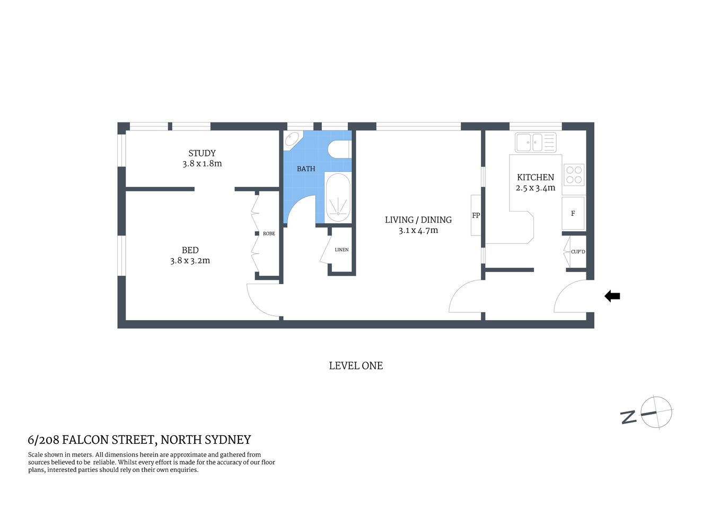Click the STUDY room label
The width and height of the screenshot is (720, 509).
point(202,153)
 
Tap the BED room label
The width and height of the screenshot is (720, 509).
point(190,250)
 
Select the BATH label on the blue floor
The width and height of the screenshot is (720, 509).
point(306,169)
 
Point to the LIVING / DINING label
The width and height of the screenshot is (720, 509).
point(418,220)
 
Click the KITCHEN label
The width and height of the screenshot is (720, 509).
point(535,177)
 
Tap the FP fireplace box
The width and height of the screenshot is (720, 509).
point(476,215)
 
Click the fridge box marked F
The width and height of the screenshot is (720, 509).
point(573,213)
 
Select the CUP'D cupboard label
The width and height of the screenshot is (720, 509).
point(578,251)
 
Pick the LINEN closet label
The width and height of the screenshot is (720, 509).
point(341,250)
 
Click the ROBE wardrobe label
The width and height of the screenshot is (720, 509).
point(269,233)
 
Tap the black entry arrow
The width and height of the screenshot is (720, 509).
point(612,296)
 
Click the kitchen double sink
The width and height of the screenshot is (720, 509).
point(535,142)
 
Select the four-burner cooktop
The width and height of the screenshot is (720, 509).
point(574,175)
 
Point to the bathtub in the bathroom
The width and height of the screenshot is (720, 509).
point(337,197)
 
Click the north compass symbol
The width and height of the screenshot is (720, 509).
point(655,413)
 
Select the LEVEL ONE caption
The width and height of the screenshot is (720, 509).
point(356,366)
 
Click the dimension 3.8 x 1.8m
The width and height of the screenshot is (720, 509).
point(202,164)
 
